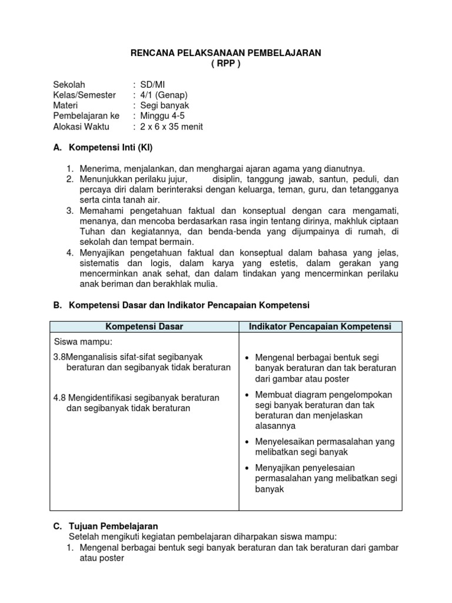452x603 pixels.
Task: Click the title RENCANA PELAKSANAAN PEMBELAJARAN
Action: click(x=225, y=53)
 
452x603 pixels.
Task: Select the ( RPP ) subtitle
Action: click(x=225, y=64)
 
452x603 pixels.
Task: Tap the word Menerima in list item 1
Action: click(x=99, y=169)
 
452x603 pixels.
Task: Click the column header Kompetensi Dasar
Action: click(x=144, y=326)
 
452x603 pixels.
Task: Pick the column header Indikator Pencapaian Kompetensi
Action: click(x=320, y=326)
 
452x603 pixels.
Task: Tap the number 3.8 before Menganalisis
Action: click(x=59, y=357)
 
